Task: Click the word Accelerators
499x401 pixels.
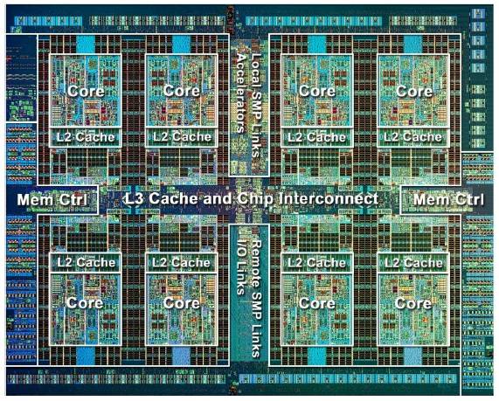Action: click(x=241, y=93)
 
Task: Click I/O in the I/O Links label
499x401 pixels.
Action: click(x=241, y=248)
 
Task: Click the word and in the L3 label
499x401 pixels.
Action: click(x=218, y=199)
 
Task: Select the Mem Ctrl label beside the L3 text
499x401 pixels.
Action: click(x=52, y=200)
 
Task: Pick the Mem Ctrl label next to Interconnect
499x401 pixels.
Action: click(x=448, y=200)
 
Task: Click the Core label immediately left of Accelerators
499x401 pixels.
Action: click(x=182, y=91)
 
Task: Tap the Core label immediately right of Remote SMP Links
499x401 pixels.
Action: click(x=317, y=303)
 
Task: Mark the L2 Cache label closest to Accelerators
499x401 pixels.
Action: click(x=182, y=137)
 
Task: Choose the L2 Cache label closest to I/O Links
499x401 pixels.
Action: click(x=181, y=263)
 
